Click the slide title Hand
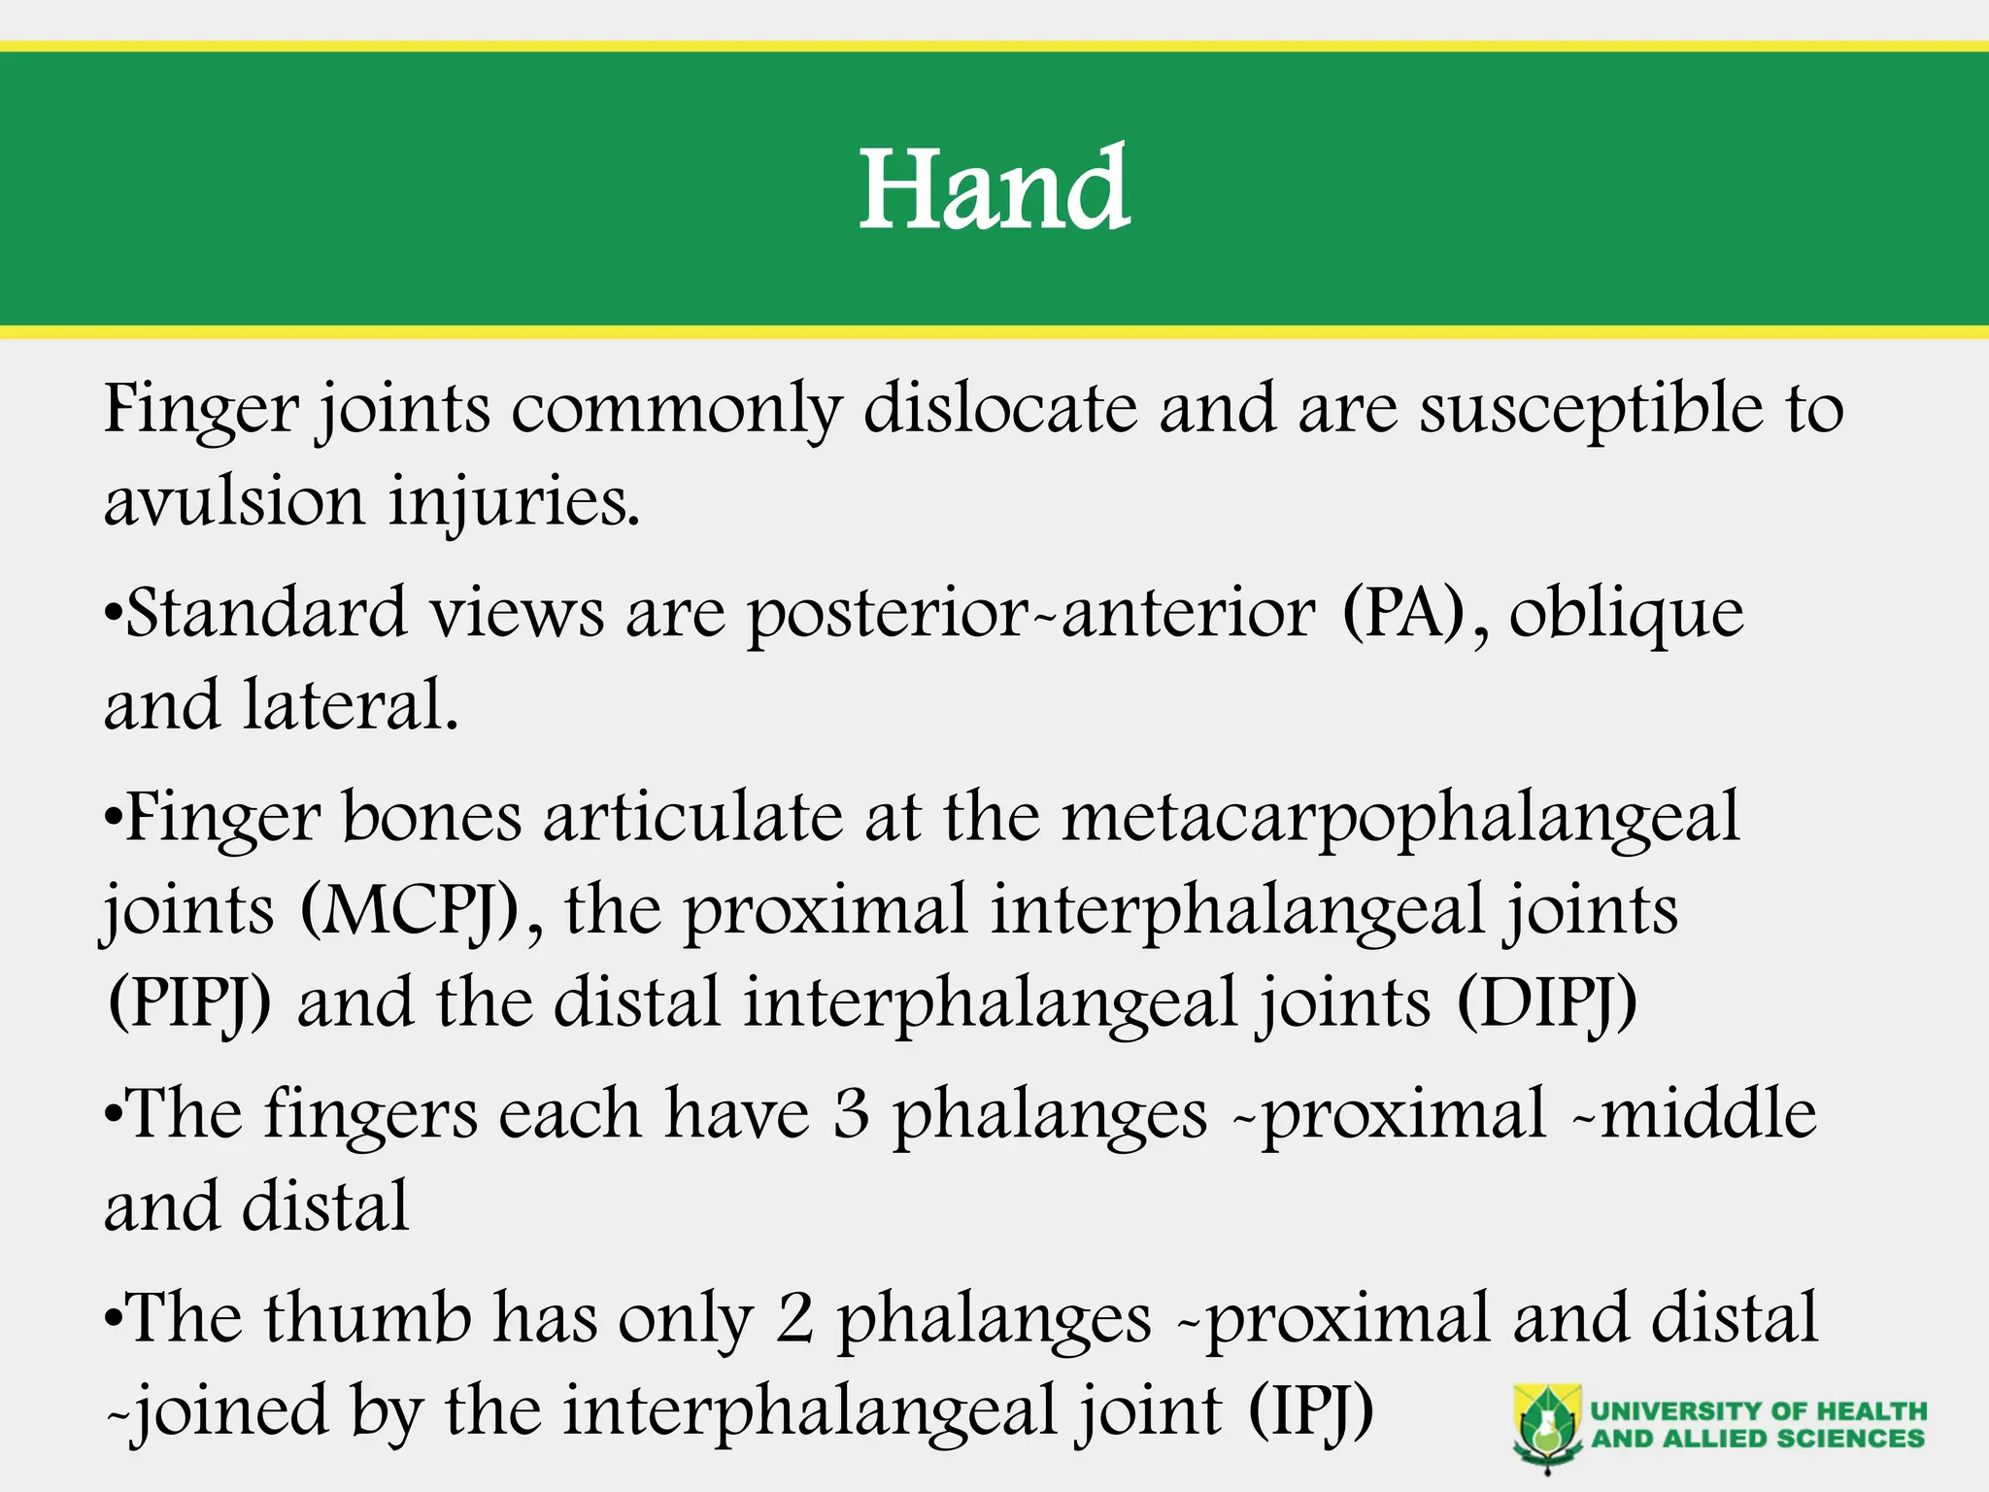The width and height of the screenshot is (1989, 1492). [994, 189]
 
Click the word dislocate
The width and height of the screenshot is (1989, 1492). [1000, 408]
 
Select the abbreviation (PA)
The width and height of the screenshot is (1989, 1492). [1403, 613]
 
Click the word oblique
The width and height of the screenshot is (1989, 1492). [1627, 615]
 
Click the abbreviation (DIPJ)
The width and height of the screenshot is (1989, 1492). [1547, 1003]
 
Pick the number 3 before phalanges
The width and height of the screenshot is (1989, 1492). [851, 1113]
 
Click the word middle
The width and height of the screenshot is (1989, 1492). [1709, 1113]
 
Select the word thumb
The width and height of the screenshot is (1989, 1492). [368, 1318]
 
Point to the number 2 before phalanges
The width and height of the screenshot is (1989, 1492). [795, 1319]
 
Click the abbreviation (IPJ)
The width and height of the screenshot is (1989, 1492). [1310, 1410]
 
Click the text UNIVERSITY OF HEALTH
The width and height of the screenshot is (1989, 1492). [1758, 1410]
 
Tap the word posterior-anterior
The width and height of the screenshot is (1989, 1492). [1030, 615]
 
